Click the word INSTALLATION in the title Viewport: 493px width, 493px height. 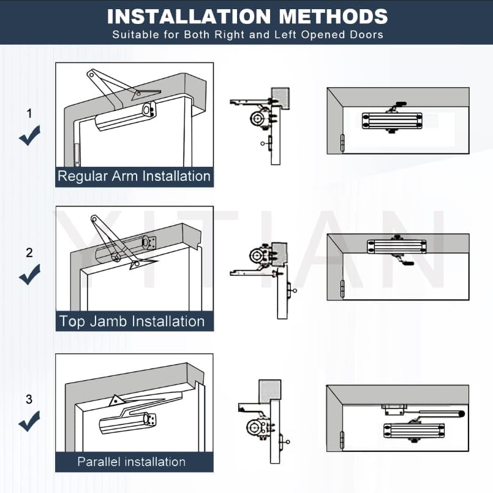click(x=189, y=17)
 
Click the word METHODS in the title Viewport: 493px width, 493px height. click(x=333, y=17)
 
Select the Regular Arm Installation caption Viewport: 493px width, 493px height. click(x=134, y=176)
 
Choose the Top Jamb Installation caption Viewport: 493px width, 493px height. click(x=132, y=321)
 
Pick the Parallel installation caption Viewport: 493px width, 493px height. click(x=132, y=462)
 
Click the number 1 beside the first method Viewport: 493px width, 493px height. click(x=29, y=113)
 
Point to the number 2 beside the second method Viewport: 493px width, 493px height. click(x=29, y=253)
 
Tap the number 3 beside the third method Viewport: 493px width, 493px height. click(x=29, y=399)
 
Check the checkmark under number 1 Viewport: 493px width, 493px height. click(x=29, y=136)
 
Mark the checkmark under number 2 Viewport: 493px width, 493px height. click(x=29, y=275)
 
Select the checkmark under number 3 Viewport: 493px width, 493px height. click(x=29, y=421)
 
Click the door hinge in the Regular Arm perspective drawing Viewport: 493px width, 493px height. click(x=77, y=155)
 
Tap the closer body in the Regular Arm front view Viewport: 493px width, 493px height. click(x=392, y=121)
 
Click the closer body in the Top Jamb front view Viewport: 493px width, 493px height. click(x=396, y=246)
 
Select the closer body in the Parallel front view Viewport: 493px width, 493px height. click(x=414, y=430)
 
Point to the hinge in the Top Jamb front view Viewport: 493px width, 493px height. click(x=342, y=288)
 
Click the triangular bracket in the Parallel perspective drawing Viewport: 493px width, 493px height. click(x=116, y=401)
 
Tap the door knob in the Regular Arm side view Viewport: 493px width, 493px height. click(x=263, y=143)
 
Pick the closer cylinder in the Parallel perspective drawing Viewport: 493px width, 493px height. click(x=127, y=422)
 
